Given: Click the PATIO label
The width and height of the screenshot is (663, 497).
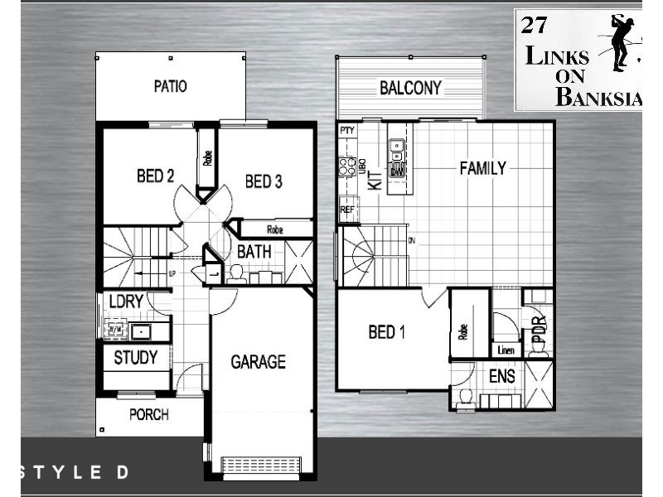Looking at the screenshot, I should click(x=170, y=86).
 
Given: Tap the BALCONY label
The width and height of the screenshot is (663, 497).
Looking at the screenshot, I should click(x=410, y=88).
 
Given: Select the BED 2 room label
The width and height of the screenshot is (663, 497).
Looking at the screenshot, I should click(x=155, y=176).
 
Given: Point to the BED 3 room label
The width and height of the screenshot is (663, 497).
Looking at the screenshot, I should click(x=264, y=181).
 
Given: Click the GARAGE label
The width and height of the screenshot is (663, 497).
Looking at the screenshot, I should click(x=258, y=362).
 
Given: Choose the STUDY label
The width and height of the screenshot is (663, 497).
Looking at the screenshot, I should click(x=136, y=359).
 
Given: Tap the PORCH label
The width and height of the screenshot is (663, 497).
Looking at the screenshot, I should click(x=149, y=414).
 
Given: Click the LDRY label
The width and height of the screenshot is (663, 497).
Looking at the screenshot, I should click(x=126, y=302).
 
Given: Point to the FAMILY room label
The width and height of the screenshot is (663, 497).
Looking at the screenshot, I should click(x=482, y=169).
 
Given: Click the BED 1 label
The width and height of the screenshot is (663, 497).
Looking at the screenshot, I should click(x=387, y=333).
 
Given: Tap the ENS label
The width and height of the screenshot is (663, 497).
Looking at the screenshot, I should click(x=501, y=377).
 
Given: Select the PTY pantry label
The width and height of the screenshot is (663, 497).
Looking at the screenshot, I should click(x=346, y=131).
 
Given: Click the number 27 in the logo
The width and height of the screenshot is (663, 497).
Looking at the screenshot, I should click(x=532, y=24).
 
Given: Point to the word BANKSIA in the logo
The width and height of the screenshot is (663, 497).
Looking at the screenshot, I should click(x=598, y=98).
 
